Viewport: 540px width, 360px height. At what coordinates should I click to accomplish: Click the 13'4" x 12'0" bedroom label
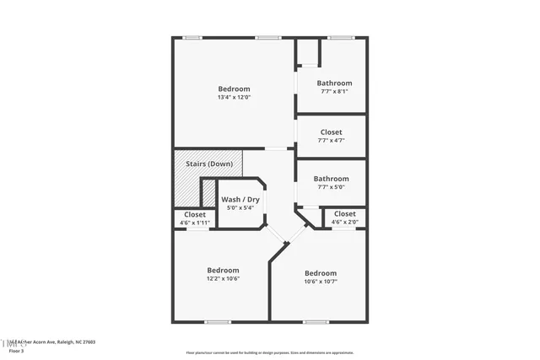[x=234, y=89]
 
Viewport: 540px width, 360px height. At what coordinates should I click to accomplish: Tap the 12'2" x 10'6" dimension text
[x=224, y=278]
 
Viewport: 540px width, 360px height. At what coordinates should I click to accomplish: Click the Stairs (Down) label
[x=208, y=164]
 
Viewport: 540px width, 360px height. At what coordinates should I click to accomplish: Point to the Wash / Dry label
[x=240, y=200]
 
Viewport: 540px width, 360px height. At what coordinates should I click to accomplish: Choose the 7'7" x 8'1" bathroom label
[x=334, y=83]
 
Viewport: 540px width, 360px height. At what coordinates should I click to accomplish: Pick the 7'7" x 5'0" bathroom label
[x=331, y=179]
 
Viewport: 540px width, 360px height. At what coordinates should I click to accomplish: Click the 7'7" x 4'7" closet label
[x=331, y=132]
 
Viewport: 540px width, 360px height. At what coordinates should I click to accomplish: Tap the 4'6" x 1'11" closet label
[x=195, y=215]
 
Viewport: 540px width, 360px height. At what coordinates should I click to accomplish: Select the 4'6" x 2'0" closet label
[x=344, y=214]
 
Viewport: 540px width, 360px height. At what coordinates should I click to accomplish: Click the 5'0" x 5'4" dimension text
[x=240, y=207]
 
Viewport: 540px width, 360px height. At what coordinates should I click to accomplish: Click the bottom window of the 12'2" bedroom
[x=218, y=321]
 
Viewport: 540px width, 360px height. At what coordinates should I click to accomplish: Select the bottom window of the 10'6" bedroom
[x=316, y=321]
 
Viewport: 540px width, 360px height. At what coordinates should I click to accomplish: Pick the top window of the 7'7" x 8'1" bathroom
[x=340, y=37]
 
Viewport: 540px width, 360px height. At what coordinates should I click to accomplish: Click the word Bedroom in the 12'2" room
[x=224, y=271]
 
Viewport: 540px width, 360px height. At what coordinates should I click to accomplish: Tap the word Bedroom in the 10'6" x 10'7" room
[x=321, y=273]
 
